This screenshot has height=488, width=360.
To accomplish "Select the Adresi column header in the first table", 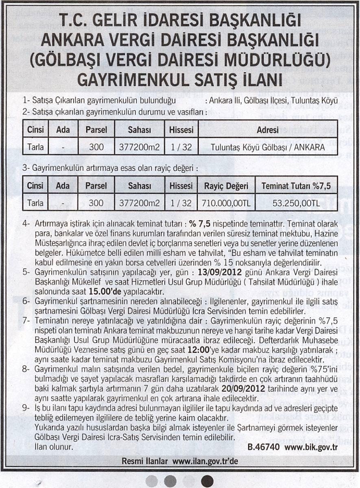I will [x=268, y=130].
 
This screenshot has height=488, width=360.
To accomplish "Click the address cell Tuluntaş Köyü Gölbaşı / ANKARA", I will [x=268, y=148].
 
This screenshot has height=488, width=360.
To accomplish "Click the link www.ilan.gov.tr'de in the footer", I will [x=205, y=462].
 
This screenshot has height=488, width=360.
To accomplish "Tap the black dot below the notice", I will [x=208, y=480].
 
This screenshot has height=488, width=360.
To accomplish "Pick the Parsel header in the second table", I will [x=96, y=186].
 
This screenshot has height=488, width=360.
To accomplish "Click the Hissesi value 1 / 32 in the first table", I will [x=181, y=148].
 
